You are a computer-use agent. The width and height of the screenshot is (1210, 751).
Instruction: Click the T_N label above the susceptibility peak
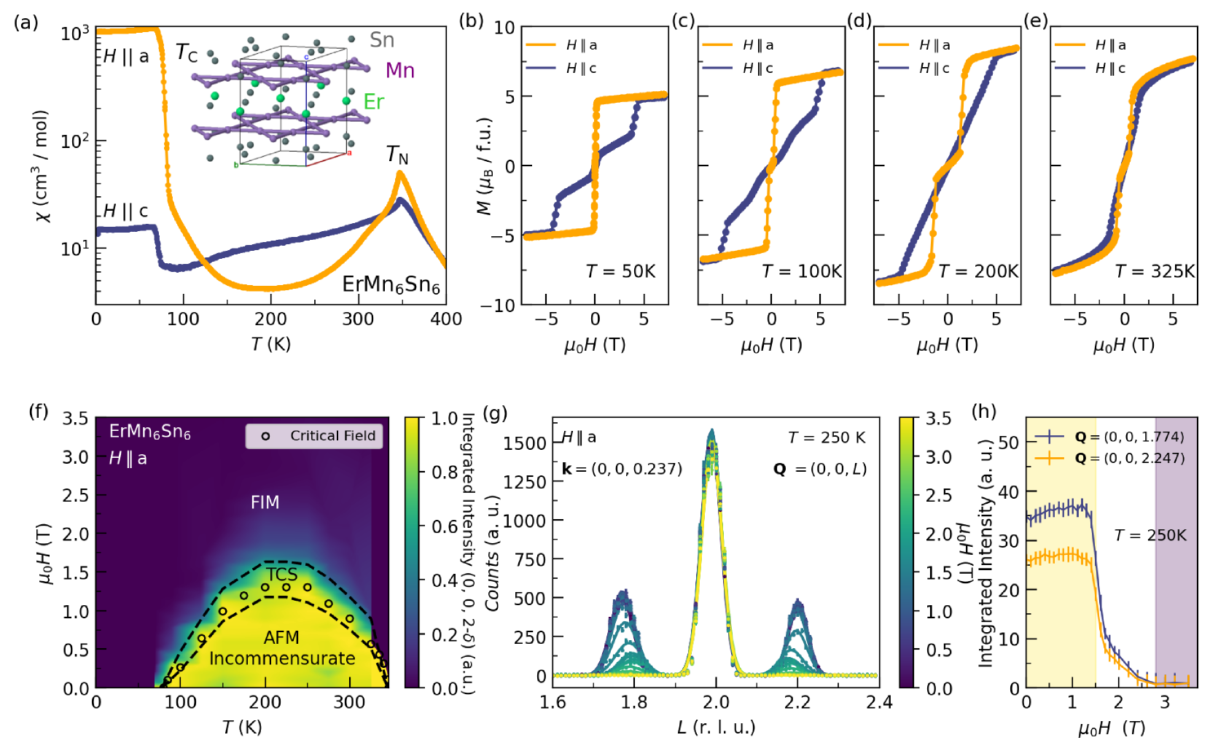coord(397,155)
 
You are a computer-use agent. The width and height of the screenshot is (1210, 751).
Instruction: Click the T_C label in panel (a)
coord(187,53)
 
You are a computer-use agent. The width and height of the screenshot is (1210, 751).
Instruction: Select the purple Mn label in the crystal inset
coord(399,70)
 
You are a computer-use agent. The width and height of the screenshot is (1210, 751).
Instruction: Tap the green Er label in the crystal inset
coord(373,101)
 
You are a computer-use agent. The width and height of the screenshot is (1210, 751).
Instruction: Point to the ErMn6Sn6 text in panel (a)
coord(391,284)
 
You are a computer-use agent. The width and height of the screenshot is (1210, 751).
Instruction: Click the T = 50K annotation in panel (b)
coord(620,271)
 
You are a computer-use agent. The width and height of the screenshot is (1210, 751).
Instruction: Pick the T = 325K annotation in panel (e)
coord(1155,271)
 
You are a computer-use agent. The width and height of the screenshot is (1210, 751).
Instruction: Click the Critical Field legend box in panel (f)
coord(314,435)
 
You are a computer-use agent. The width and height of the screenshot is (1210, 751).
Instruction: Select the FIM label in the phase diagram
coord(265,502)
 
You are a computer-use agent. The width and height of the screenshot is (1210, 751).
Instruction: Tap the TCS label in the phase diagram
coord(281,574)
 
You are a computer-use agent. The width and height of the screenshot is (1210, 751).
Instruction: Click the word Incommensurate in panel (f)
coord(282,658)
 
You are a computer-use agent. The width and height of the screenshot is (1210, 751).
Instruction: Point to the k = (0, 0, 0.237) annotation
coord(622,469)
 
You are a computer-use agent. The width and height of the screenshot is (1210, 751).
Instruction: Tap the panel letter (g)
coord(495,413)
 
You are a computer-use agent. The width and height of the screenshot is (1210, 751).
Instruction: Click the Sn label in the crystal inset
coord(381,39)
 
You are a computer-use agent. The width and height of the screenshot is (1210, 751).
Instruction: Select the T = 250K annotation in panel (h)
coord(1150,535)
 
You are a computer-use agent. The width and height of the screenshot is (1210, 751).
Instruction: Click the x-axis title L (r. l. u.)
coord(716,727)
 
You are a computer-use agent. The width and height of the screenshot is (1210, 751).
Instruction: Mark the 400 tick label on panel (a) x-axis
coord(446,319)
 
